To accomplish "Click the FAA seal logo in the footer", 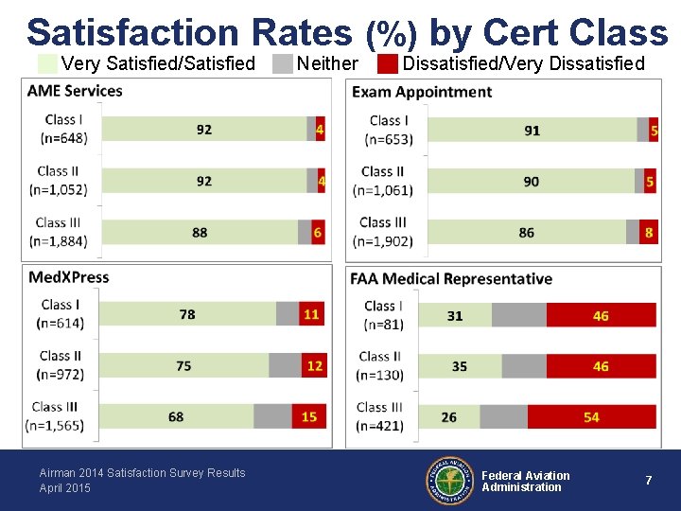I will [450, 481].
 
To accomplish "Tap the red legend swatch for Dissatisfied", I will [387, 64].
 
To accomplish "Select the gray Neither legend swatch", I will [283, 64].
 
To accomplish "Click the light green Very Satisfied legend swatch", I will [48, 64].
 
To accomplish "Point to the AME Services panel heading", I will [75, 91].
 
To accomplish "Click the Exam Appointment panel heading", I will [421, 92].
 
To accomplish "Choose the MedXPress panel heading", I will [68, 277].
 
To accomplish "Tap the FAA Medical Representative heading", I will [451, 279].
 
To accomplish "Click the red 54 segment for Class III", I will [591, 416].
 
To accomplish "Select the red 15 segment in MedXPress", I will [309, 416].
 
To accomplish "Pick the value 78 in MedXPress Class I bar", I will [187, 314].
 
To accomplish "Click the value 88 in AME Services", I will [200, 232].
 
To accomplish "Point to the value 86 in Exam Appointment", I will [526, 232].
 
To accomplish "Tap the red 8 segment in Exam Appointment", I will [648, 232].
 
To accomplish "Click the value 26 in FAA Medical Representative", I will [448, 416].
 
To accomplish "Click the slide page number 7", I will [648, 481].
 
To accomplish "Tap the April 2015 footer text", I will [65, 488].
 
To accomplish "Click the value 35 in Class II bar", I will [459, 366].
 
